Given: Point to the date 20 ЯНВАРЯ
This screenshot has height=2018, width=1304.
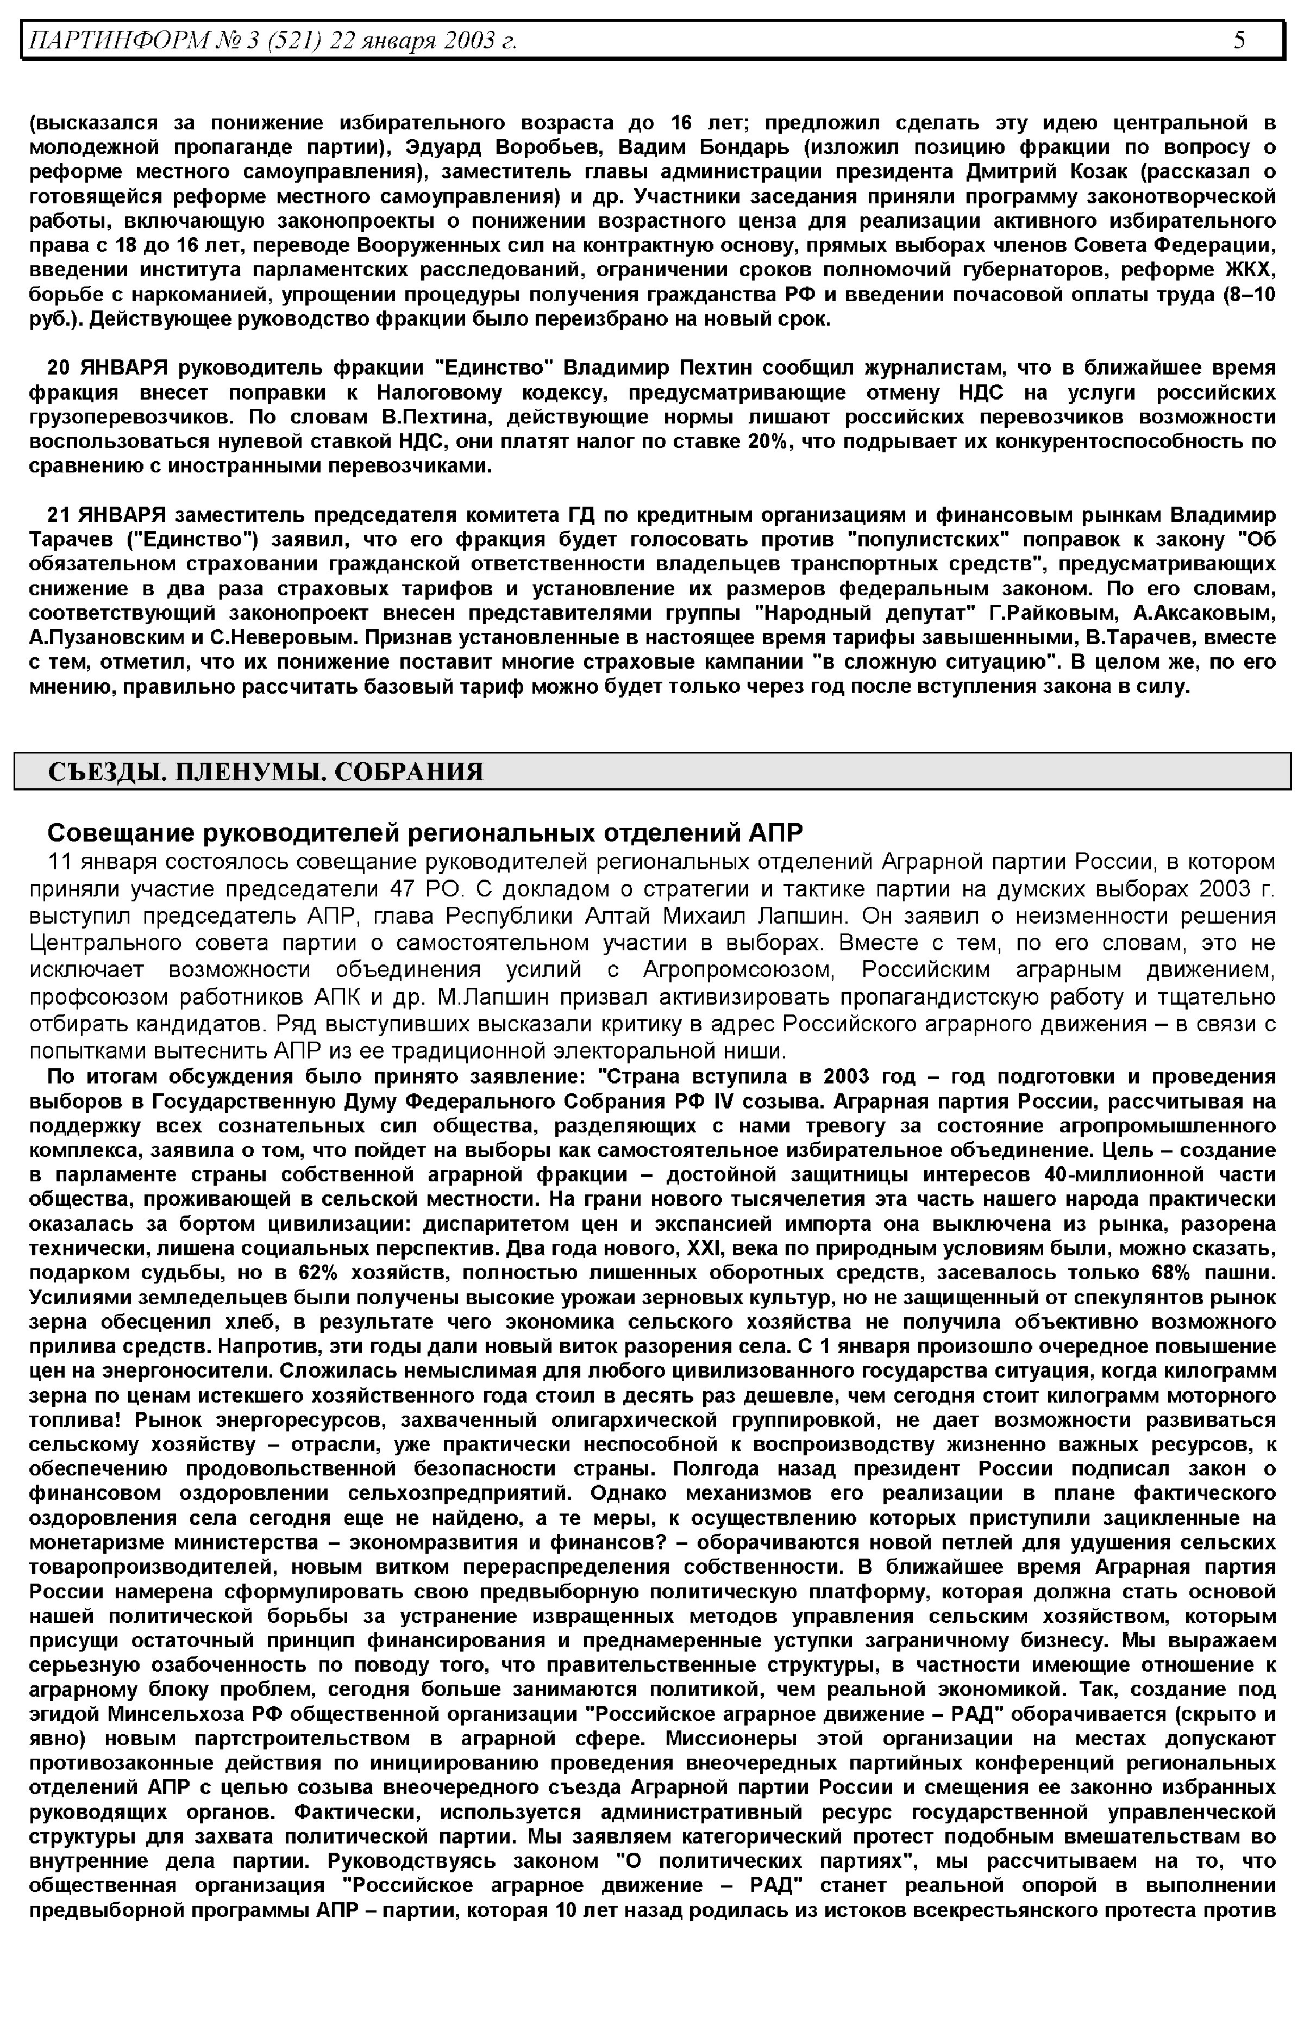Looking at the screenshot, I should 106,369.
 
